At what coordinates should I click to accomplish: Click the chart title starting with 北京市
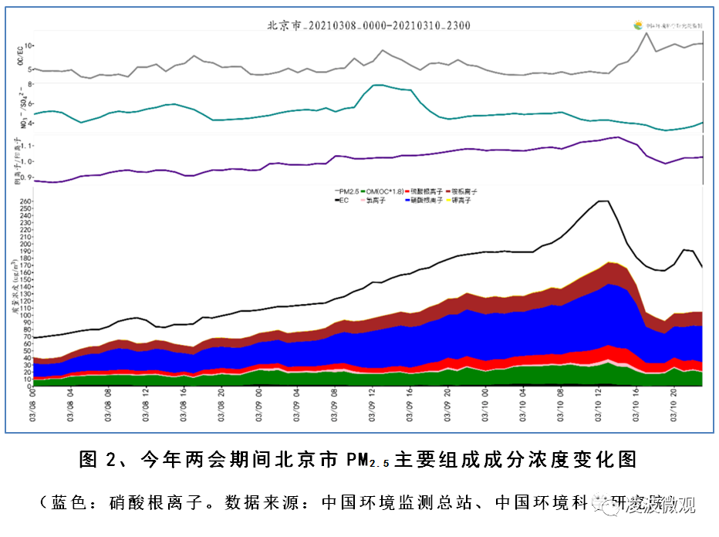point(368,25)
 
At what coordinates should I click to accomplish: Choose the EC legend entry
point(343,200)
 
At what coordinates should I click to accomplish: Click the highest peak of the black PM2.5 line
point(602,201)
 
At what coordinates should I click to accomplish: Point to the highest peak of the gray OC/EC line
point(646,33)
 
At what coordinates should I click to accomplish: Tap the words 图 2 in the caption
point(96,461)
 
